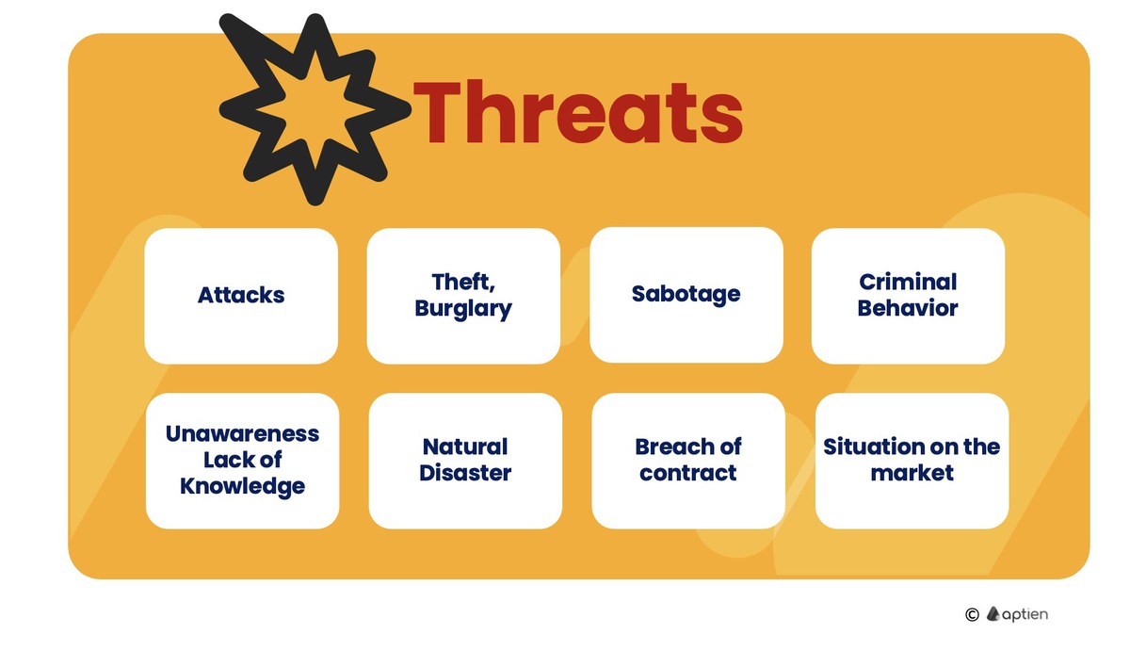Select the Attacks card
point(241,295)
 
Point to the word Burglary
point(463,308)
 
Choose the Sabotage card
point(686,294)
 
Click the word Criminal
point(908,282)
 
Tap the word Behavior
point(908,308)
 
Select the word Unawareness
point(242,433)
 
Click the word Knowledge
point(242,486)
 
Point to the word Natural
point(465,447)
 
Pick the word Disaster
point(465,473)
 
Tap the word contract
point(688,473)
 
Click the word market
point(912,473)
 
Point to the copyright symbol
point(973,614)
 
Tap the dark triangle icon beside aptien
point(993,613)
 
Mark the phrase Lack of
point(242,460)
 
